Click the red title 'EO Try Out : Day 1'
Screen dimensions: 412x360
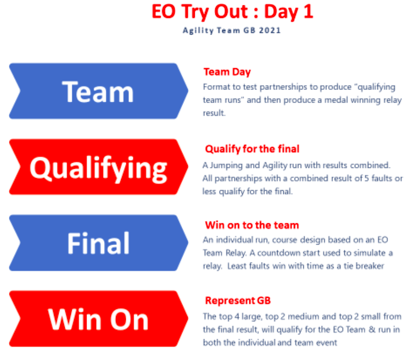233,12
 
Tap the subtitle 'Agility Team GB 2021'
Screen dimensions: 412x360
232,30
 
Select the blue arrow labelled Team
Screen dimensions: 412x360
98,91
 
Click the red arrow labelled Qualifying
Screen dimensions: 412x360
98,167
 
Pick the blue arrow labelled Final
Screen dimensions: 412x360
98,243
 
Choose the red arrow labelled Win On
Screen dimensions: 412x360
98,319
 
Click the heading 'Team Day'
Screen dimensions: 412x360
227,72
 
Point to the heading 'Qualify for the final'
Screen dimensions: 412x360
252,149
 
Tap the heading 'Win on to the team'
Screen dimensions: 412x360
252,225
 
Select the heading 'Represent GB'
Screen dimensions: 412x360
238,300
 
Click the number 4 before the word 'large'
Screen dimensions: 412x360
237,316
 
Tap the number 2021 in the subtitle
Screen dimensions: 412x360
270,30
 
